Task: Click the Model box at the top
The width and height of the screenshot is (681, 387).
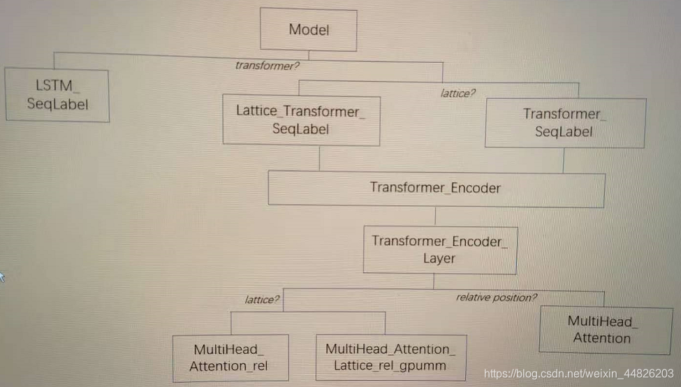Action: [309, 29]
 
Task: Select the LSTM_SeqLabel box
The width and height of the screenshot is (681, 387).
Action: [57, 95]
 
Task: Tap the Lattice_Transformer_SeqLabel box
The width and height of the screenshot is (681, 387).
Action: [301, 120]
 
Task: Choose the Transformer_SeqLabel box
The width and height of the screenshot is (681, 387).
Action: [564, 122]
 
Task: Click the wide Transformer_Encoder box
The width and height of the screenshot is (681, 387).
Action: [436, 189]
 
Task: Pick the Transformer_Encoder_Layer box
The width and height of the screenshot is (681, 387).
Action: [439, 249]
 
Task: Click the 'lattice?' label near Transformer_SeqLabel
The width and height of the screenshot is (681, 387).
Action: [457, 92]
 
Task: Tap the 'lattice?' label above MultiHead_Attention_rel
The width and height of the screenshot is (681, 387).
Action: [263, 300]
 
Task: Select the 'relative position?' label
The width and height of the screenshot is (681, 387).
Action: [497, 298]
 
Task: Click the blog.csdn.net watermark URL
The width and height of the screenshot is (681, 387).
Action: [579, 374]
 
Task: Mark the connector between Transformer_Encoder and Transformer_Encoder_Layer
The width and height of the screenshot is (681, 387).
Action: [436, 217]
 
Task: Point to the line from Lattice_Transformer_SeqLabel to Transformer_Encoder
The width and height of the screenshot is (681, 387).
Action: [319, 159]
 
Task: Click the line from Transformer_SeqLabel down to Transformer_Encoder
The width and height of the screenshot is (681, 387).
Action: [564, 160]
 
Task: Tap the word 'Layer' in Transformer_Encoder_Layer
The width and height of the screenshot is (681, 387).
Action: [439, 258]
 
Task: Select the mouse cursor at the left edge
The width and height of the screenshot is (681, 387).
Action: [2, 277]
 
